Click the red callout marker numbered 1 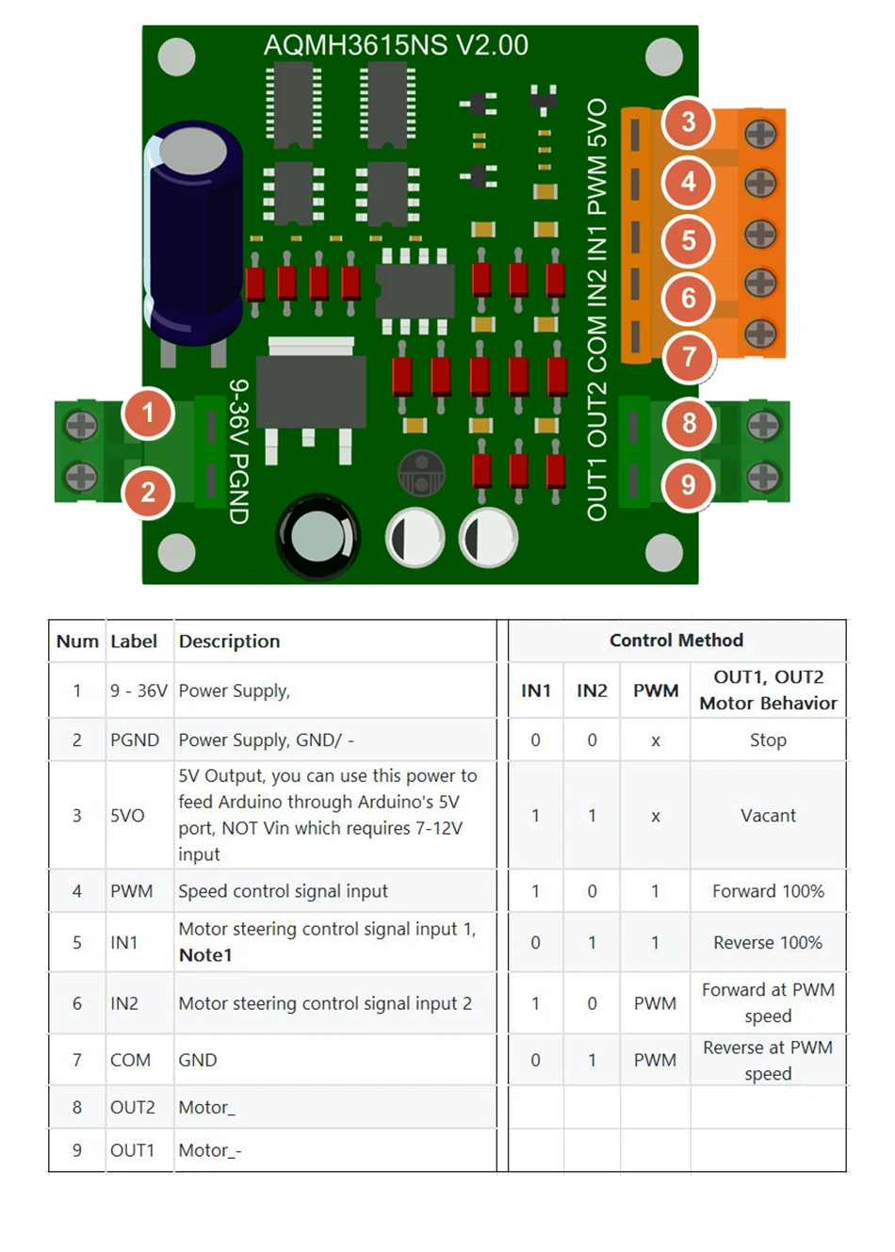(x=148, y=413)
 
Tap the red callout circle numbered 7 (x=689, y=357)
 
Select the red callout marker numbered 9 (x=689, y=485)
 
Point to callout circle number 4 (x=689, y=182)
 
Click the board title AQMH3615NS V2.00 (x=396, y=45)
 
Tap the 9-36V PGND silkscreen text (x=239, y=451)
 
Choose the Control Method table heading (x=675, y=641)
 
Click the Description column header (x=229, y=642)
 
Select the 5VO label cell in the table (x=127, y=816)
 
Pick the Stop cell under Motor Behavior (x=768, y=740)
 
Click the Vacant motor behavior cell (x=768, y=816)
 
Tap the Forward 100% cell (x=768, y=891)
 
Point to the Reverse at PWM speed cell (x=768, y=1061)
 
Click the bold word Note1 (x=205, y=955)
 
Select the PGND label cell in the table (x=135, y=740)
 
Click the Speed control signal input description (x=283, y=891)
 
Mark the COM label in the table (x=130, y=1061)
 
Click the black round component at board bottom (x=318, y=536)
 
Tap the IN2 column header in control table (x=592, y=691)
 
